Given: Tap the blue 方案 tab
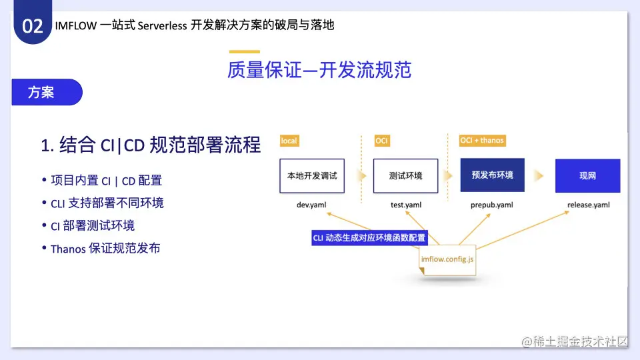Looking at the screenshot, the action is coord(47,92).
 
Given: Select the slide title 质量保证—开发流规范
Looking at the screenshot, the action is coord(319,70).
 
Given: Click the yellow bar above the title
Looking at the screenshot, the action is coord(245,52).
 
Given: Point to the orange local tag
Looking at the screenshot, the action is coord(289,141).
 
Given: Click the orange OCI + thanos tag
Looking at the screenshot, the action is coord(482,141).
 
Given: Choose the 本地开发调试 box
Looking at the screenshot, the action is coord(312,176).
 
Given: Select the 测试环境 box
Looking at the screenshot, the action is coord(406,176).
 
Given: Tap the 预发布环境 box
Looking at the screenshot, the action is coord(492,175).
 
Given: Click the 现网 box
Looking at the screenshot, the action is coord(588,176).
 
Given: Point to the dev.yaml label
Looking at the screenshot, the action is coord(311,205).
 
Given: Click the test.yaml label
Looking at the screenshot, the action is coord(406,205).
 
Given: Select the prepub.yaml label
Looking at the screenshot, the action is coord(492,205).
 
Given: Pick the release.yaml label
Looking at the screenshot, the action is coord(589,205).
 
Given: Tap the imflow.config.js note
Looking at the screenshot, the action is coord(447,260).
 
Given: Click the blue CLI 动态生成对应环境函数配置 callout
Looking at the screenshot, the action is coord(369,238).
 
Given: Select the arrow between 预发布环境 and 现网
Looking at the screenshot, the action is coord(539,176).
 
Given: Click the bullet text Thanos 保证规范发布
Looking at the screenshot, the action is coord(105,248).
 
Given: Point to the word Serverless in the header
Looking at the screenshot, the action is coord(163,26).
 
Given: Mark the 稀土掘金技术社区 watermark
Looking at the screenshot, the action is coord(575,341).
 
